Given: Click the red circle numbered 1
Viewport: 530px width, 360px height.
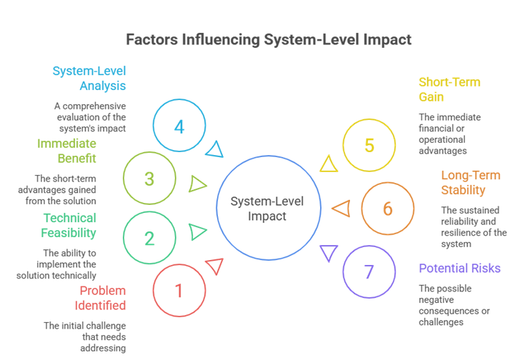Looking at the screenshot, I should point(179,291).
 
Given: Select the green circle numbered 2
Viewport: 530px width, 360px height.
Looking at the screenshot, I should point(149,238).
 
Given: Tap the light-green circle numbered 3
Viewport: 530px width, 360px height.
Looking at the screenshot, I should point(149,178).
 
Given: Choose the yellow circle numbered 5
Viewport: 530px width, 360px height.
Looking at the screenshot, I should point(369,146).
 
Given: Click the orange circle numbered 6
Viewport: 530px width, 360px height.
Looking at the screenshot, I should point(388,209).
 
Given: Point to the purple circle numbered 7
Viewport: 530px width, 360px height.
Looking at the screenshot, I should point(369,271).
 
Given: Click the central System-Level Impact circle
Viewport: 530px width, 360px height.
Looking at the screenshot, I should point(267,207).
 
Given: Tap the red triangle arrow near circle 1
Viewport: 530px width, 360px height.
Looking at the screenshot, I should point(214,266).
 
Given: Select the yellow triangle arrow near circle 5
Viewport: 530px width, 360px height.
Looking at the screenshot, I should point(329,164).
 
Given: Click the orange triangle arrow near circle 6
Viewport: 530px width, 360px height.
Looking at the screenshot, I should point(342,209).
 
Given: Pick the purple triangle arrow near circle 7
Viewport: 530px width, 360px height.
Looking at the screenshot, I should point(329,252).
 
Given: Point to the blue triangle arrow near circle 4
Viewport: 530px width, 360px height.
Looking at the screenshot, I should point(214,149).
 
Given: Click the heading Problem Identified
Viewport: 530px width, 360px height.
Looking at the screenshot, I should point(102,298).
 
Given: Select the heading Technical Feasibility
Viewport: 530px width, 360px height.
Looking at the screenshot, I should point(69,225).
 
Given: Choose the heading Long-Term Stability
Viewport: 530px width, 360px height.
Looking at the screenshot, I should point(470,183).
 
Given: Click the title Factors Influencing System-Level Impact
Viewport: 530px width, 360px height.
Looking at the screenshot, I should point(269,39).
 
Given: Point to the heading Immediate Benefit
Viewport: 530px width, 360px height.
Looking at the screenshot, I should point(66,151).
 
